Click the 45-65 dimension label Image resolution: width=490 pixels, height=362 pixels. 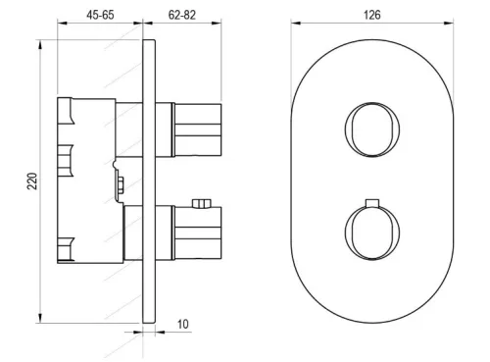click(x=100, y=15)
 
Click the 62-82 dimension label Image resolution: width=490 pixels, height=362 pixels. click(x=182, y=15)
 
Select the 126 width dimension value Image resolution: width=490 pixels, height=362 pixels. click(x=372, y=15)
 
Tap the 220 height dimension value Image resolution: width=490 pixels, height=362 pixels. click(x=32, y=181)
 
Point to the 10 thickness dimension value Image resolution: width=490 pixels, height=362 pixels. click(x=183, y=324)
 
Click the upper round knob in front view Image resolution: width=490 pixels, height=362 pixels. click(x=372, y=129)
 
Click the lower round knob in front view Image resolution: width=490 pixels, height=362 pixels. click(x=372, y=233)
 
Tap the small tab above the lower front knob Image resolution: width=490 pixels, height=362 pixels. click(x=372, y=203)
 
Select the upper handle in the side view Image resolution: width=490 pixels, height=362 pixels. click(x=197, y=129)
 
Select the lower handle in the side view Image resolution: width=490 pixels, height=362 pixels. click(x=197, y=233)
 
